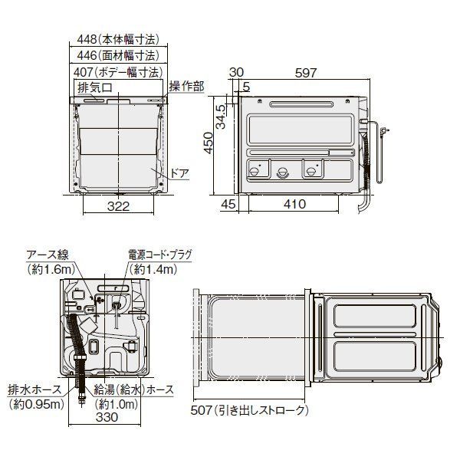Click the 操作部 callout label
[x=186, y=87]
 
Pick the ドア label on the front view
[x=179, y=174]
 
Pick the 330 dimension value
[x=106, y=418]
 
